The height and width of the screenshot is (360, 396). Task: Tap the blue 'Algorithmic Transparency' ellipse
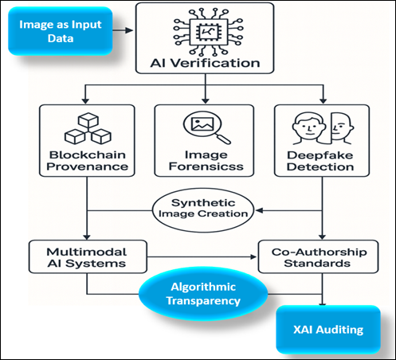(207, 296)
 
